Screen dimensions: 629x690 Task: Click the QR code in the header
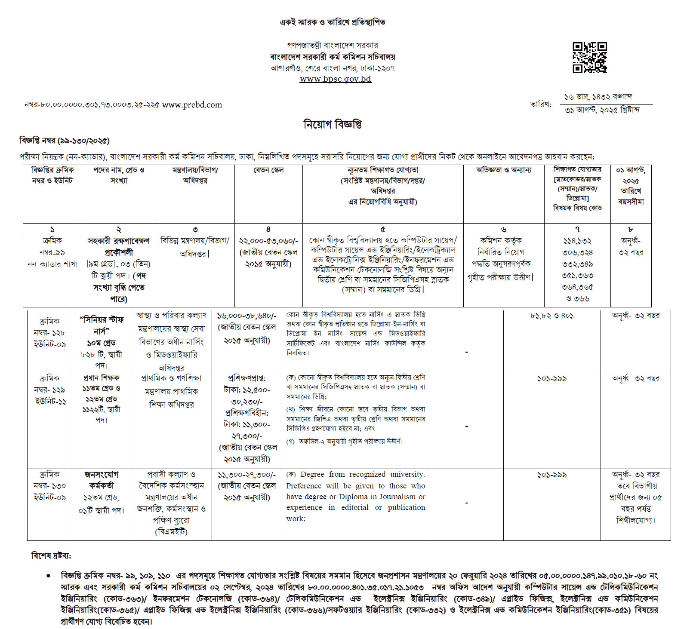[x=589, y=58]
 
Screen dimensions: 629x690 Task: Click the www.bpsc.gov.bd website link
[x=335, y=79]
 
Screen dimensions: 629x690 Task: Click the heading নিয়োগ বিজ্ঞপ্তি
[x=333, y=125]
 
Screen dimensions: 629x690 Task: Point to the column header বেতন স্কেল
[x=268, y=170]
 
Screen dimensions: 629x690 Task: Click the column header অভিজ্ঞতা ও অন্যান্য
[x=503, y=170]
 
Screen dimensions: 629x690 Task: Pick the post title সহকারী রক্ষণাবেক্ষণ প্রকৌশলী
[x=119, y=246]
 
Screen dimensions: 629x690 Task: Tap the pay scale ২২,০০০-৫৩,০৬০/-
[x=268, y=241]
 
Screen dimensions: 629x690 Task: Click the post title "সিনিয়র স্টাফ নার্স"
[x=102, y=325]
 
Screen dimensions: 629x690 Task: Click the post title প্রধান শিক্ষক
[x=102, y=378]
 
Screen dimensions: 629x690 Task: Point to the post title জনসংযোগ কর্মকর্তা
[x=102, y=480]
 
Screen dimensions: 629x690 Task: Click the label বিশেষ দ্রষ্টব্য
[x=51, y=556]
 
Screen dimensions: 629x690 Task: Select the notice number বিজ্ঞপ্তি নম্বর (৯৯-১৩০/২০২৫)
[x=65, y=141]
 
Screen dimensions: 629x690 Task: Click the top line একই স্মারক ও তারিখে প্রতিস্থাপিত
[x=333, y=22]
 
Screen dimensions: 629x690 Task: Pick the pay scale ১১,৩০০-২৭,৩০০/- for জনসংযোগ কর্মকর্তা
[x=246, y=475]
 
